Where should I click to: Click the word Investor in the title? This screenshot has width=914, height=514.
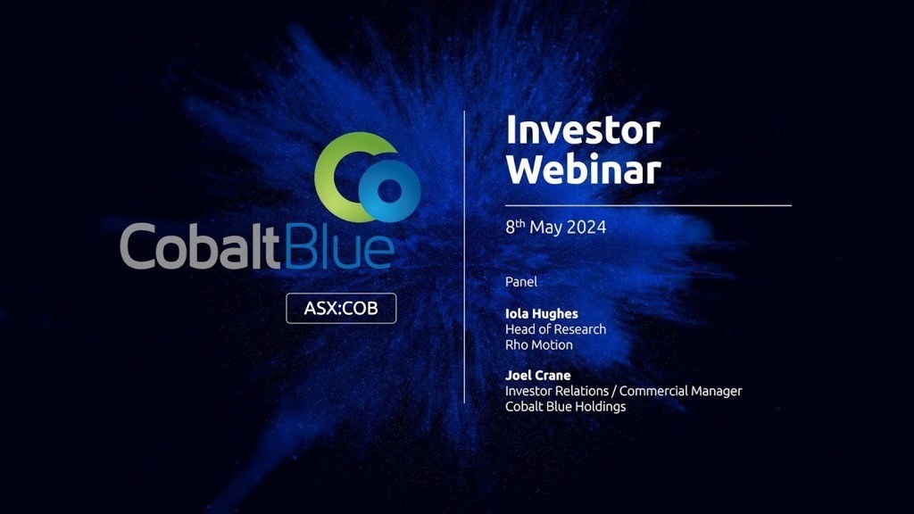coord(583,130)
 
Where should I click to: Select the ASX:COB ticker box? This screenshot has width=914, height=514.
coord(341,308)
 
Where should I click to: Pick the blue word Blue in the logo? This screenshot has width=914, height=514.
coord(339,246)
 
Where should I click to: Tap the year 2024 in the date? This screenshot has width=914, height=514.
coord(586,227)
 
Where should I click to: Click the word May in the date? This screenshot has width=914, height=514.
coord(545,228)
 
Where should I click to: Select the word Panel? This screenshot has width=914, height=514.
coord(521,281)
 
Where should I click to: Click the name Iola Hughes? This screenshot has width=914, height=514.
coord(542,314)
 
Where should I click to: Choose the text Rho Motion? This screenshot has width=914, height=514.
coord(539,345)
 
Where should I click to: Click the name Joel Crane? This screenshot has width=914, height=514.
coord(538,376)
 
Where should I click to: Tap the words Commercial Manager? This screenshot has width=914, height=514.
coord(680,391)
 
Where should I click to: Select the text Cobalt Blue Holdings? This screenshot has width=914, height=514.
coord(565,407)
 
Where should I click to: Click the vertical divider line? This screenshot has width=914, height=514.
coord(464,257)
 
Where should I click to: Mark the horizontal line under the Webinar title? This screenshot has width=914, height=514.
coord(648,206)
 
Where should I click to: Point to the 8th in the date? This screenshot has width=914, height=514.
coord(515,226)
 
